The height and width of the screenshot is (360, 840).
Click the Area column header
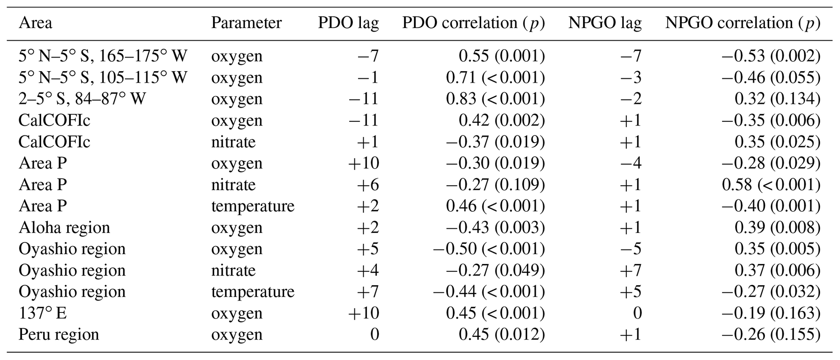pyautogui.click(x=35, y=23)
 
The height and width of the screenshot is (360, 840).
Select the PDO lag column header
pyautogui.click(x=348, y=23)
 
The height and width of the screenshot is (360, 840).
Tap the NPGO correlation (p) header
pyautogui.click(x=742, y=23)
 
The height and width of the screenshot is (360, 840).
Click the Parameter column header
pyautogui.click(x=246, y=23)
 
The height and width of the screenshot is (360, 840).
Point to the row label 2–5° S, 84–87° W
pyautogui.click(x=82, y=99)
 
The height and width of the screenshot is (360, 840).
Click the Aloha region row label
pyautogui.click(x=64, y=228)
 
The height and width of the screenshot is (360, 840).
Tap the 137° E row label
pyautogui.click(x=43, y=313)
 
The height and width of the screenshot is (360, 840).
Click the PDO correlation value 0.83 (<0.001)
pyautogui.click(x=495, y=99)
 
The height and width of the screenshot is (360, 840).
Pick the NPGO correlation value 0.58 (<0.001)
pyautogui.click(x=771, y=184)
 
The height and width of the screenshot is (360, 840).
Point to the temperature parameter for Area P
pyautogui.click(x=252, y=206)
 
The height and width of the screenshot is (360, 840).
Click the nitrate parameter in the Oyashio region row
pyautogui.click(x=233, y=270)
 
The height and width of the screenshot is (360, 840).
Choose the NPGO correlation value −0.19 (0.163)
pyautogui.click(x=771, y=313)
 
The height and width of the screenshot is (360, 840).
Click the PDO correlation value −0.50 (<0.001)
pyautogui.click(x=488, y=249)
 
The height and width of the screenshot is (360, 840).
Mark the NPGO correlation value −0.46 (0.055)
pyautogui.click(x=771, y=77)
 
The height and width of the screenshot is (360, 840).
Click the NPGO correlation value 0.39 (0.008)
pyautogui.click(x=777, y=228)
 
